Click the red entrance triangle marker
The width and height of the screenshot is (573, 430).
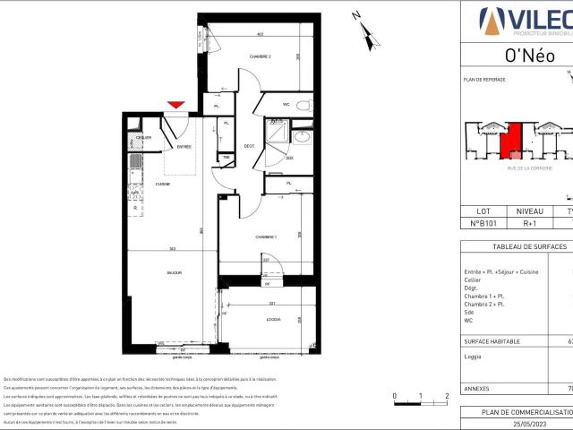click(177, 106)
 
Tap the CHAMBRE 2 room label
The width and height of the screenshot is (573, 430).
click(235, 56)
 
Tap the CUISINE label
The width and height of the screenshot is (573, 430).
click(163, 183)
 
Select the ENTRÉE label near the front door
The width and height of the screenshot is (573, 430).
click(184, 146)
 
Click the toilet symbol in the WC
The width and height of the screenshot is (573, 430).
click(303, 106)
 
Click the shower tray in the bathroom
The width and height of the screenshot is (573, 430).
click(279, 131)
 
